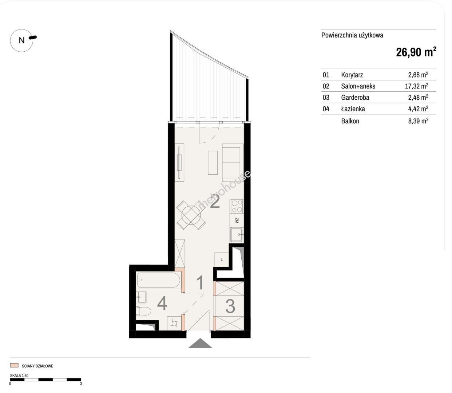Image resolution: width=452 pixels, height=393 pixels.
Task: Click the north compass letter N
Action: click(x=21, y=40)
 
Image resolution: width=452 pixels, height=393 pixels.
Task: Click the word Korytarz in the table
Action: click(x=352, y=75)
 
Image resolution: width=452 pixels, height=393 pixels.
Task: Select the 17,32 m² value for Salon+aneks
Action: click(x=416, y=86)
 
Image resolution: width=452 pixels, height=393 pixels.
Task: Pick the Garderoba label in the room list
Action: click(x=355, y=98)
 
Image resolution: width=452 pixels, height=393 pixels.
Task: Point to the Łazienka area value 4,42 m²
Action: click(x=418, y=109)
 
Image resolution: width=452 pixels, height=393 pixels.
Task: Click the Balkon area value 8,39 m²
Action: click(x=418, y=121)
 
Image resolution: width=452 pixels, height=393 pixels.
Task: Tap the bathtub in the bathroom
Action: click(x=158, y=280)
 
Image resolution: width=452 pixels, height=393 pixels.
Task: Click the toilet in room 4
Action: click(x=143, y=311)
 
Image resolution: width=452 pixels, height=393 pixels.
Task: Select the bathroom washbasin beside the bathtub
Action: click(x=142, y=297)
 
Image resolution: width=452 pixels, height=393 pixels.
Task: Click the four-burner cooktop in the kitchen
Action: click(x=237, y=206)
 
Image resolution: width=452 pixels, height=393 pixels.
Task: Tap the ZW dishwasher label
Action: click(x=237, y=220)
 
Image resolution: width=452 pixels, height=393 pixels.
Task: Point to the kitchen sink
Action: click(x=237, y=235)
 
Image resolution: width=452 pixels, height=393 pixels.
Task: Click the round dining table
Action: click(x=191, y=214)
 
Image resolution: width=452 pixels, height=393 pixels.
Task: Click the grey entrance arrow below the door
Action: click(x=200, y=343)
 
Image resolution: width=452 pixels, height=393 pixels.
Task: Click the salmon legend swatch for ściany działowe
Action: click(x=14, y=365)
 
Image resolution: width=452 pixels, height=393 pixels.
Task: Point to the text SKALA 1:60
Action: click(x=19, y=376)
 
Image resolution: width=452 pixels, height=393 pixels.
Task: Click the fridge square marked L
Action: click(x=222, y=259)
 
